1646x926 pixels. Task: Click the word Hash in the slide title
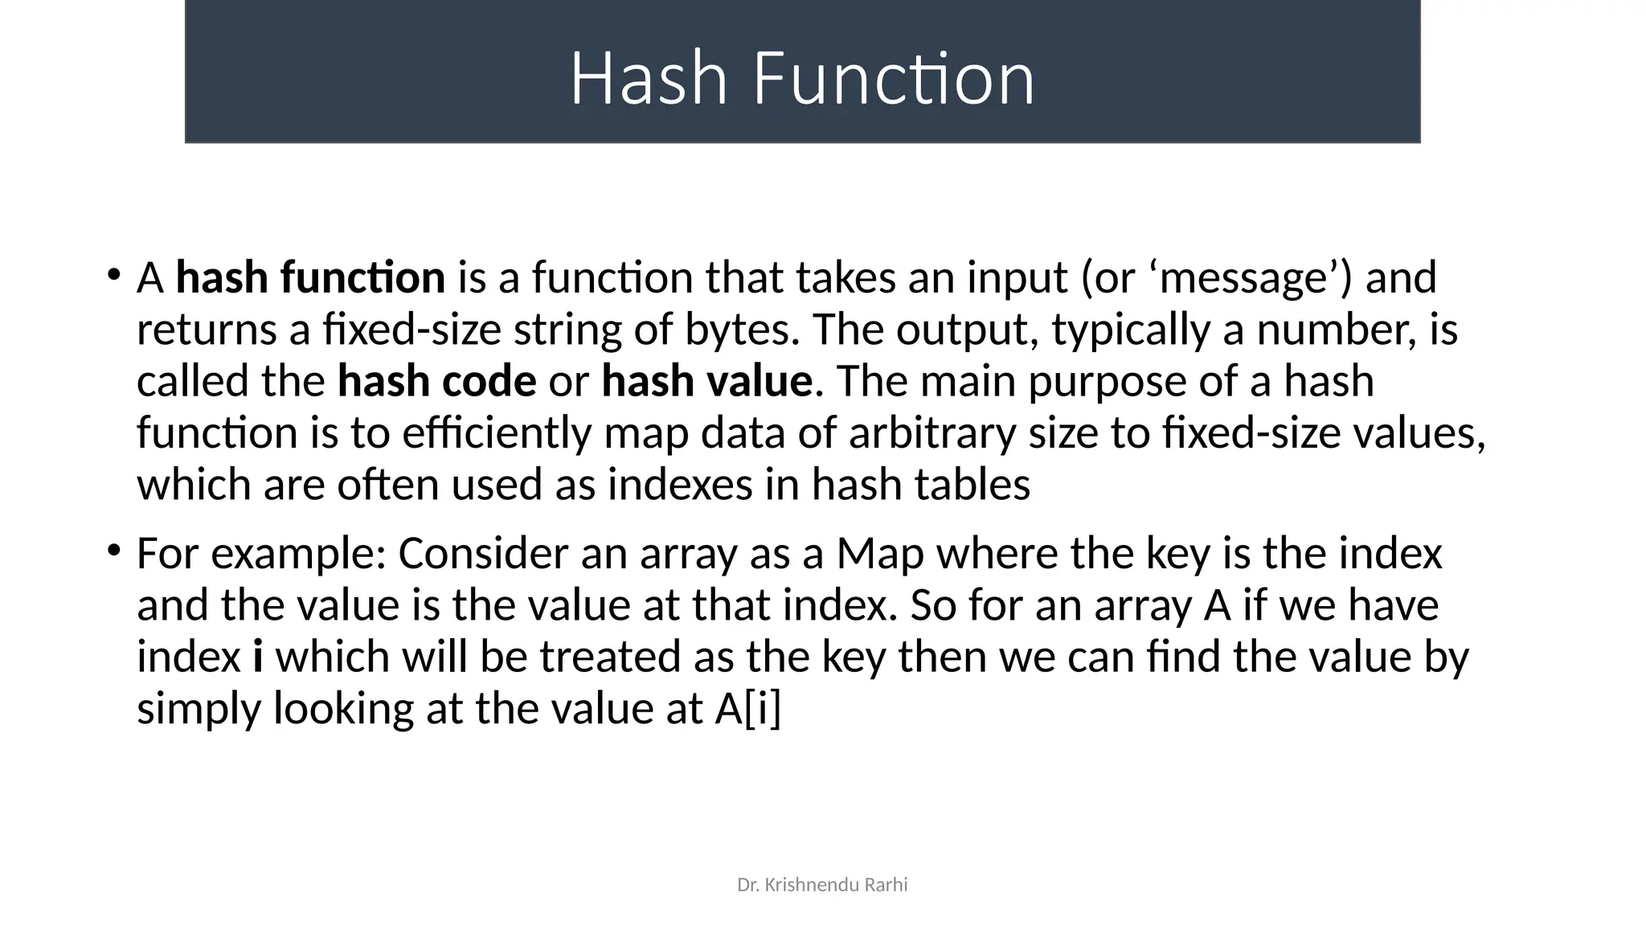pos(648,79)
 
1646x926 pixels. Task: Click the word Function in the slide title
pos(893,79)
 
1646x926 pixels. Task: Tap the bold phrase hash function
pos(310,278)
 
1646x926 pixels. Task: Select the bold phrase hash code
pos(436,381)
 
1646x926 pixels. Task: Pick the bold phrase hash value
pos(706,381)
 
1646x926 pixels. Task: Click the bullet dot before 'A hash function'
pos(113,274)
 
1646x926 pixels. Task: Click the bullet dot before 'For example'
pos(113,550)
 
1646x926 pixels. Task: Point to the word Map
pos(880,554)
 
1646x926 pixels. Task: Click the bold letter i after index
pos(258,657)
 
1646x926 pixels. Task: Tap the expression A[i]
pos(747,709)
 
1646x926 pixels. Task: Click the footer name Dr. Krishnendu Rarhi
pos(822,885)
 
